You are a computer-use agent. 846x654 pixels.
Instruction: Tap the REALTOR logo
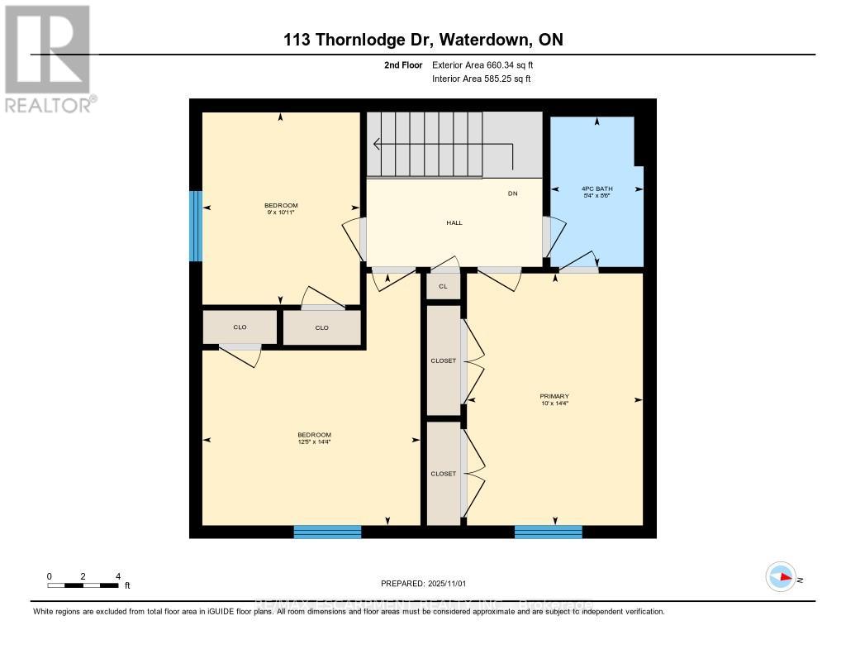[x=47, y=58]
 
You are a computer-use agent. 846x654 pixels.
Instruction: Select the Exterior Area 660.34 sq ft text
[x=487, y=64]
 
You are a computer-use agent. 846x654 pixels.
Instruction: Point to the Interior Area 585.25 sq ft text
[x=481, y=79]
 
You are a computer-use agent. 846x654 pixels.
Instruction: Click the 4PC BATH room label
[x=596, y=193]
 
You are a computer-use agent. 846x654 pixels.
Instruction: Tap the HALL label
[x=454, y=222]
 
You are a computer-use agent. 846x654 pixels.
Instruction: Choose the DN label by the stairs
[x=512, y=194]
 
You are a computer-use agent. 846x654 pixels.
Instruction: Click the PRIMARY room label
[x=554, y=399]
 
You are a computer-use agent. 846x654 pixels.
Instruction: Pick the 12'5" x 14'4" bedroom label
[x=314, y=439]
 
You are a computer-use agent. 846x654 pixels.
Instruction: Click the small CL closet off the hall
[x=443, y=286]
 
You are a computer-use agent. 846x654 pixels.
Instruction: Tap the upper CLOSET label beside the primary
[x=443, y=360]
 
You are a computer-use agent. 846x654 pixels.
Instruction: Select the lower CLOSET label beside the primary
[x=443, y=474]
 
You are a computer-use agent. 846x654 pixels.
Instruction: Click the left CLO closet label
[x=240, y=327]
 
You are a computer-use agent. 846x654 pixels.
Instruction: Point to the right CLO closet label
[x=321, y=328]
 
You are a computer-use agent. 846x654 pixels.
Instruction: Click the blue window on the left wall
[x=196, y=226]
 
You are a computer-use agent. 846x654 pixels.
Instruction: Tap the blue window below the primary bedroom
[x=548, y=532]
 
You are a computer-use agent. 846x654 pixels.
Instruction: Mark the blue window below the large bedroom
[x=327, y=532]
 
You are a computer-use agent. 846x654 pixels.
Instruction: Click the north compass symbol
[x=781, y=577]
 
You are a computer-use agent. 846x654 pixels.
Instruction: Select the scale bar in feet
[x=83, y=585]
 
